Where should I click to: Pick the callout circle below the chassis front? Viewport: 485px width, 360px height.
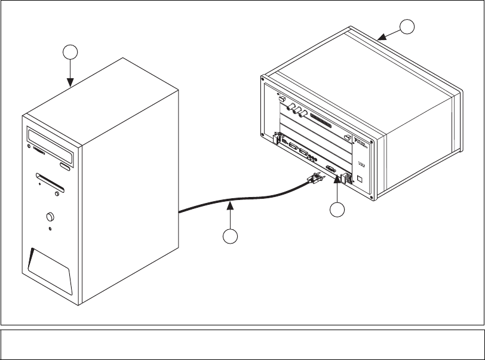(338, 209)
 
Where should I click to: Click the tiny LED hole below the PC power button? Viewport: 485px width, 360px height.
(50, 229)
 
